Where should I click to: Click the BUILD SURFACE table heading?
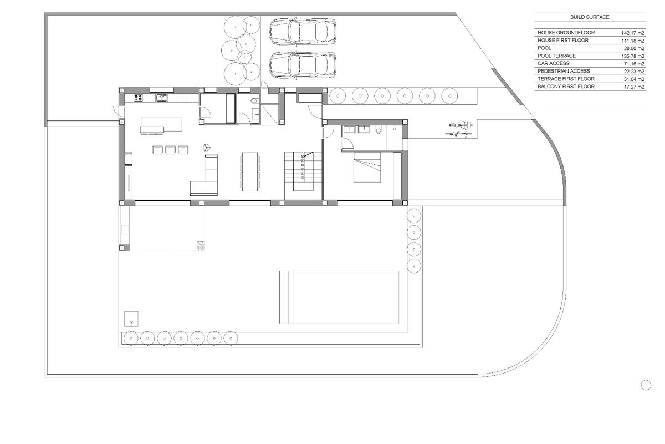(x=590, y=17)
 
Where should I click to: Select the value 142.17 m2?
(x=633, y=33)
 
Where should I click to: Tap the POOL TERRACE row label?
(x=556, y=56)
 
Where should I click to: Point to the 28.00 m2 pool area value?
(x=634, y=48)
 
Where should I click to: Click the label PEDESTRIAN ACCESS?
(x=564, y=71)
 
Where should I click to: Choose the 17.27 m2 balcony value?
(x=634, y=87)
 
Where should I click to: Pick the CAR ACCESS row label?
(x=554, y=63)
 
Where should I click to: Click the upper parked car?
(x=303, y=32)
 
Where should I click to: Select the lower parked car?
(x=303, y=65)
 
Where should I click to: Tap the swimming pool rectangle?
(x=339, y=297)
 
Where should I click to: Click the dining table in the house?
(x=250, y=172)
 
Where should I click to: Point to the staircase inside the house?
(x=303, y=171)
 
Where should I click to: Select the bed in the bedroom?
(x=367, y=167)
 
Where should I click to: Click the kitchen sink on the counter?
(x=161, y=98)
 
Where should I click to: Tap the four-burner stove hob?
(x=139, y=98)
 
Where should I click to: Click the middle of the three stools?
(x=170, y=150)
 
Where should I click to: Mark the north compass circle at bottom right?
(x=646, y=385)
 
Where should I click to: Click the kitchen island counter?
(x=161, y=124)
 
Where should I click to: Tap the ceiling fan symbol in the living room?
(x=207, y=147)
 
